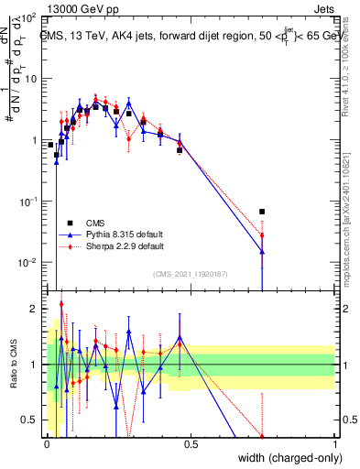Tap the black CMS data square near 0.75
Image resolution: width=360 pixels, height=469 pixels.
coord(262,212)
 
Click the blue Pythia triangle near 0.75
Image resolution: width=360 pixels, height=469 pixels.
coord(262,251)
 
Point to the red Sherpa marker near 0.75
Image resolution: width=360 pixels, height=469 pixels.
coord(262,236)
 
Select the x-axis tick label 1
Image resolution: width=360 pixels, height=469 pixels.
coord(335,444)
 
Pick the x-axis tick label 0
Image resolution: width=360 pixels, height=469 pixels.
coord(47,444)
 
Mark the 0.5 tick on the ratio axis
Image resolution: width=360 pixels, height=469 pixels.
coord(31,420)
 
